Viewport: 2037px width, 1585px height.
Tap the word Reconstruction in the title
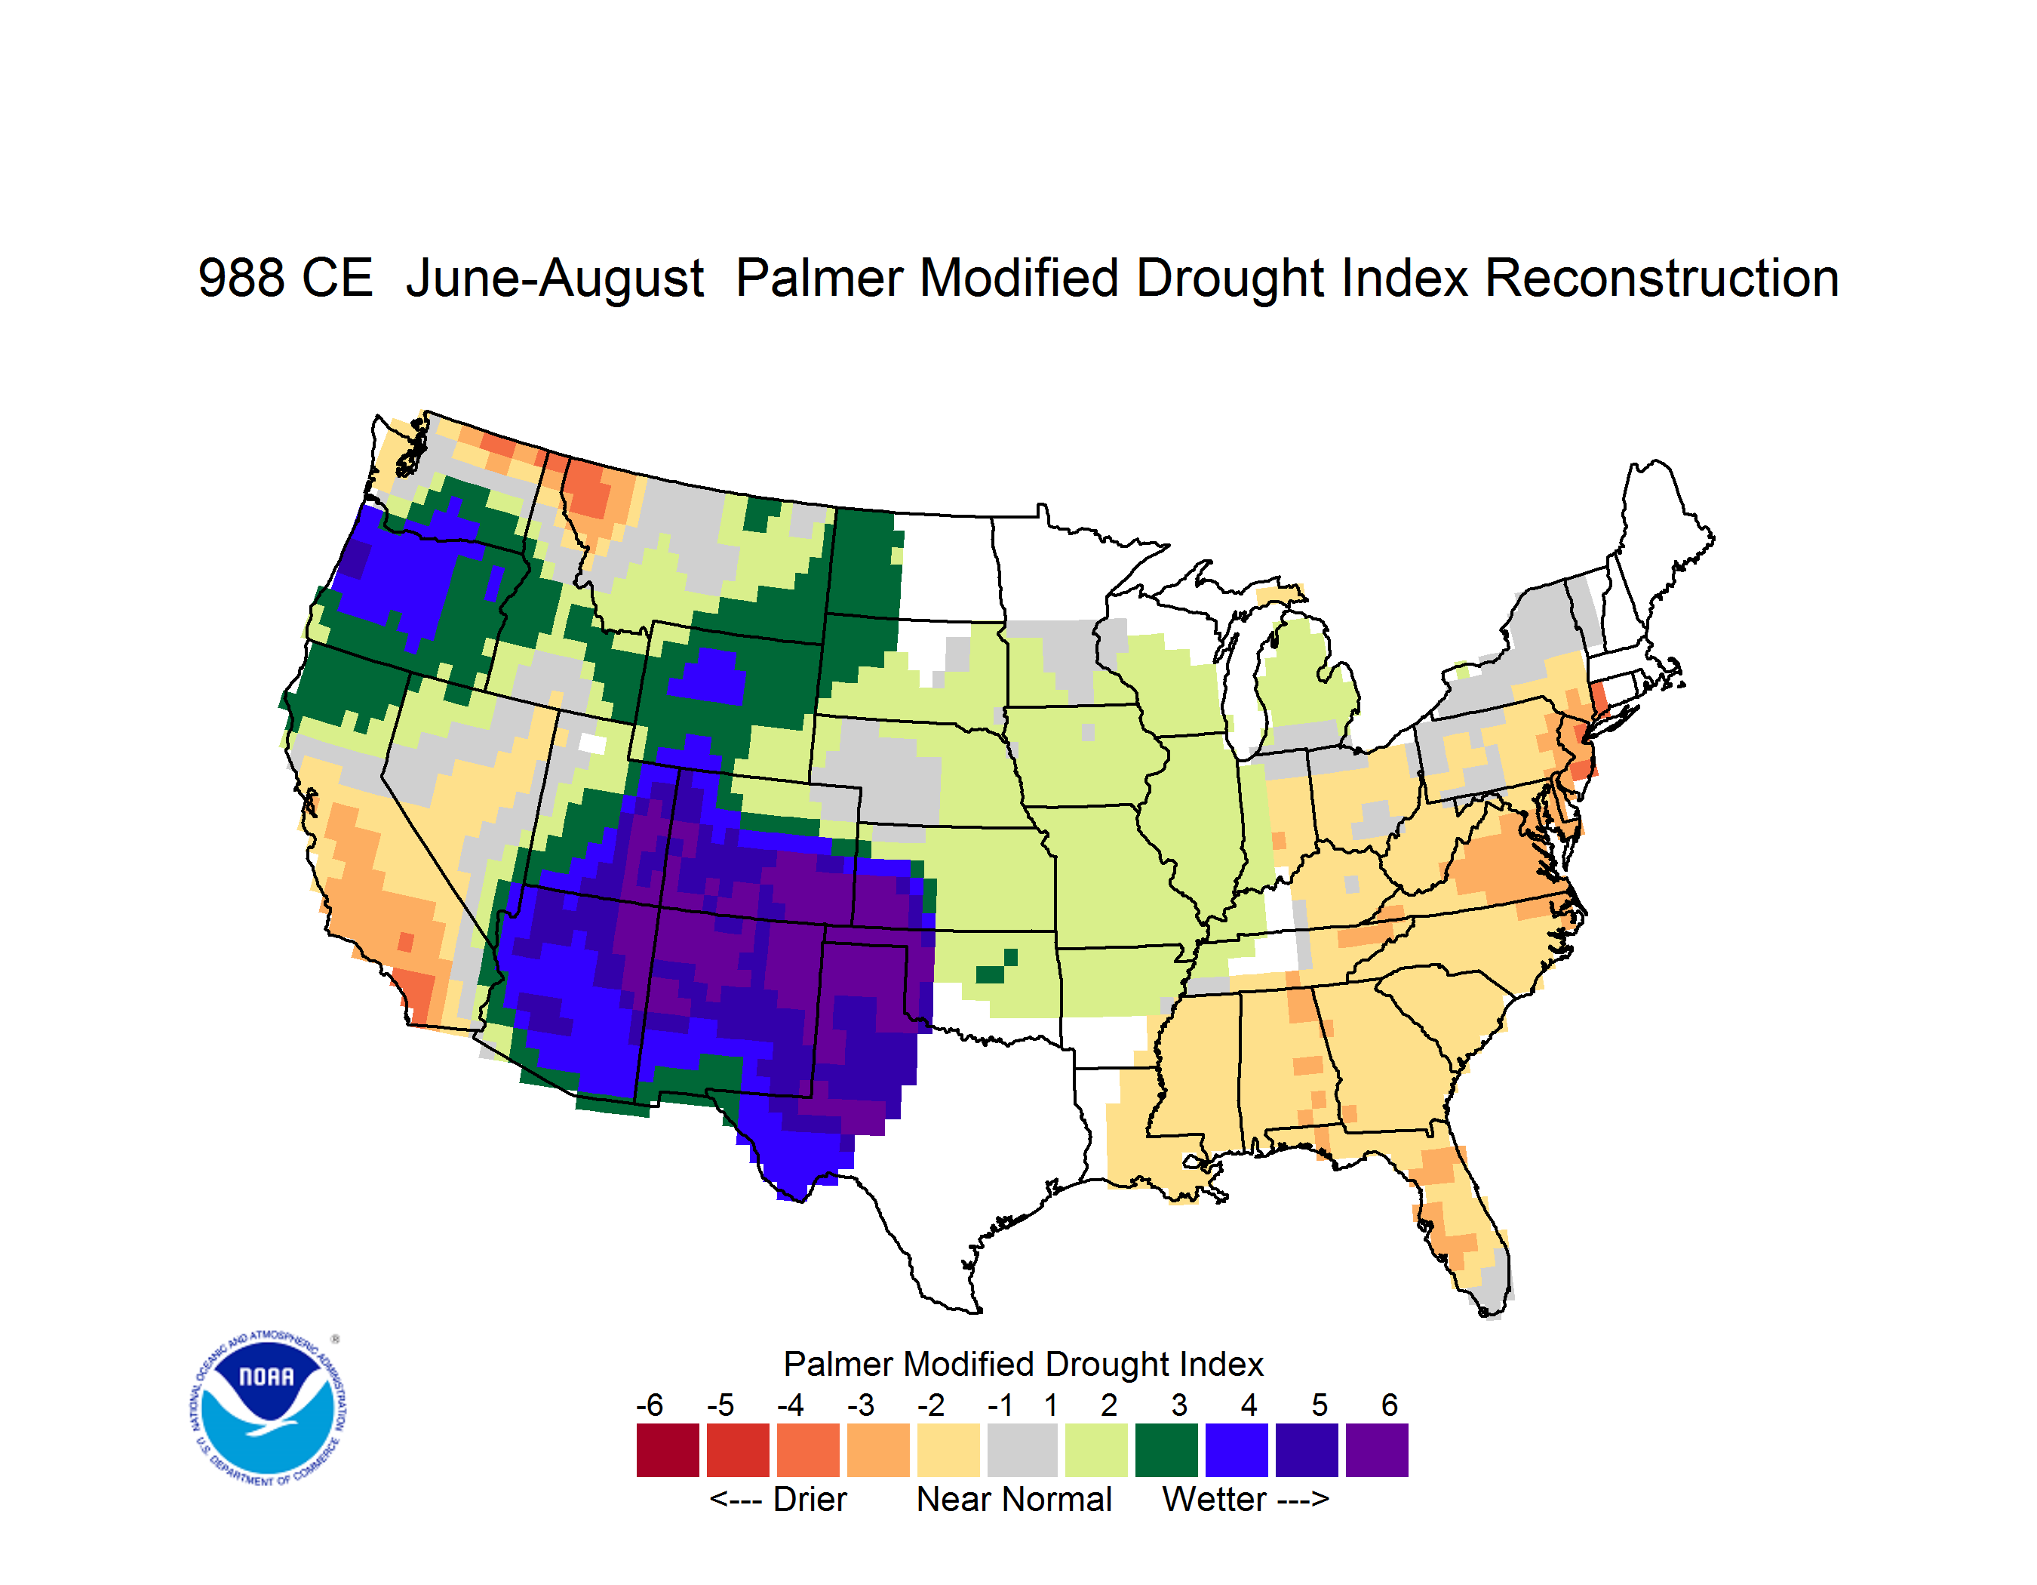(1661, 278)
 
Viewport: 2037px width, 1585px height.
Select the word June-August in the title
(555, 278)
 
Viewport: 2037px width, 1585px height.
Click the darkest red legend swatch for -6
(668, 1450)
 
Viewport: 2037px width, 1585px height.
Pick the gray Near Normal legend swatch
(1022, 1450)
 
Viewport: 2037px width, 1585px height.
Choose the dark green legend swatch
(1166, 1450)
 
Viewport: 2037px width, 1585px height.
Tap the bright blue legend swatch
(1237, 1450)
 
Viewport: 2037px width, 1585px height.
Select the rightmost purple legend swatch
(1377, 1450)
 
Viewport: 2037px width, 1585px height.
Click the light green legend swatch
(1096, 1450)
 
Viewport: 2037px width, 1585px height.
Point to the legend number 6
(1390, 1404)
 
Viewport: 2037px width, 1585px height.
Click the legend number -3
(861, 1404)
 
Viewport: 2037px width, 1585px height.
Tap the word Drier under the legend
(810, 1499)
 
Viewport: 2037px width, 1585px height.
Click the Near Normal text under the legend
(1014, 1499)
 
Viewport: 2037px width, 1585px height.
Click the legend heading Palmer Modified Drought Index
(1023, 1364)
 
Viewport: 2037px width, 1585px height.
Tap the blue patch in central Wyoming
(707, 677)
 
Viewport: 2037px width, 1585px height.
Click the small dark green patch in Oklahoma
(995, 968)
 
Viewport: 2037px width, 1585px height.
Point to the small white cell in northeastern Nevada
(592, 743)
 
